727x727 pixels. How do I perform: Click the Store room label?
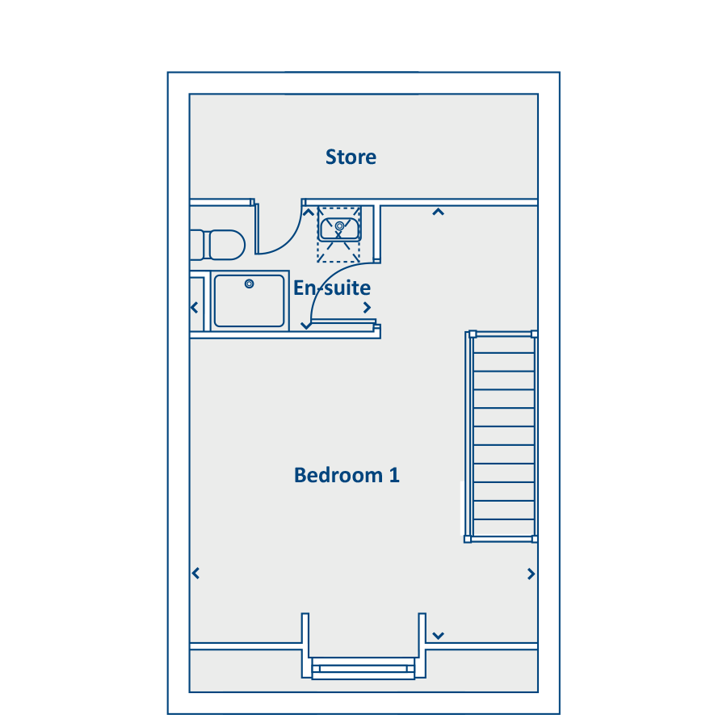pos(351,158)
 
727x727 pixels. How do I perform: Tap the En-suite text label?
pos(332,288)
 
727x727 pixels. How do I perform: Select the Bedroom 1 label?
pos(347,475)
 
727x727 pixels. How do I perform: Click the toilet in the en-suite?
pos(217,245)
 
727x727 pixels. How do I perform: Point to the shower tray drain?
pos(249,284)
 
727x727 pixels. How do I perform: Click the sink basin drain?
pos(339,226)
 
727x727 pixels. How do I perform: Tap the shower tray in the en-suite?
pos(250,301)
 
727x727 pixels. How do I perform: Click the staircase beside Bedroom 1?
pos(501,436)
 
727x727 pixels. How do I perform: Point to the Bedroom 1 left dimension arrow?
pos(195,574)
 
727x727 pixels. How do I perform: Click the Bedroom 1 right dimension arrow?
pos(532,574)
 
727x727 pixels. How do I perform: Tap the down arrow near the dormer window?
pos(438,636)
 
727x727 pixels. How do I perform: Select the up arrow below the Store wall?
pos(438,212)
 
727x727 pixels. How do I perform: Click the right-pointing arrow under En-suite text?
pos(368,308)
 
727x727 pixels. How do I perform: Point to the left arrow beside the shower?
pos(194,308)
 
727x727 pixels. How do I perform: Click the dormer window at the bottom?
pos(363,668)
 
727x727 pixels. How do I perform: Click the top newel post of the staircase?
pos(473,334)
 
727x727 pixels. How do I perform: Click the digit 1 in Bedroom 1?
pos(394,475)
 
